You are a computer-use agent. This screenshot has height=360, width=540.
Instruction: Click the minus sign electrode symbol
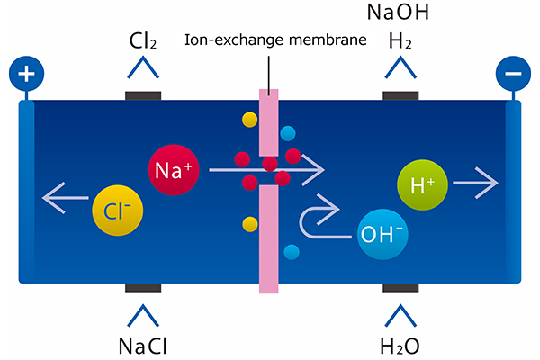click(513, 73)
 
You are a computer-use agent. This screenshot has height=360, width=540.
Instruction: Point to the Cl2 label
click(143, 41)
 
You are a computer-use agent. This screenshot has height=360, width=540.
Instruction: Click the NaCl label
click(143, 346)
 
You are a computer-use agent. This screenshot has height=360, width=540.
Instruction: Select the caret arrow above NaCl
click(143, 314)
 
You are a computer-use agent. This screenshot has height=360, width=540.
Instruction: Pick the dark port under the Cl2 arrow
click(143, 95)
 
